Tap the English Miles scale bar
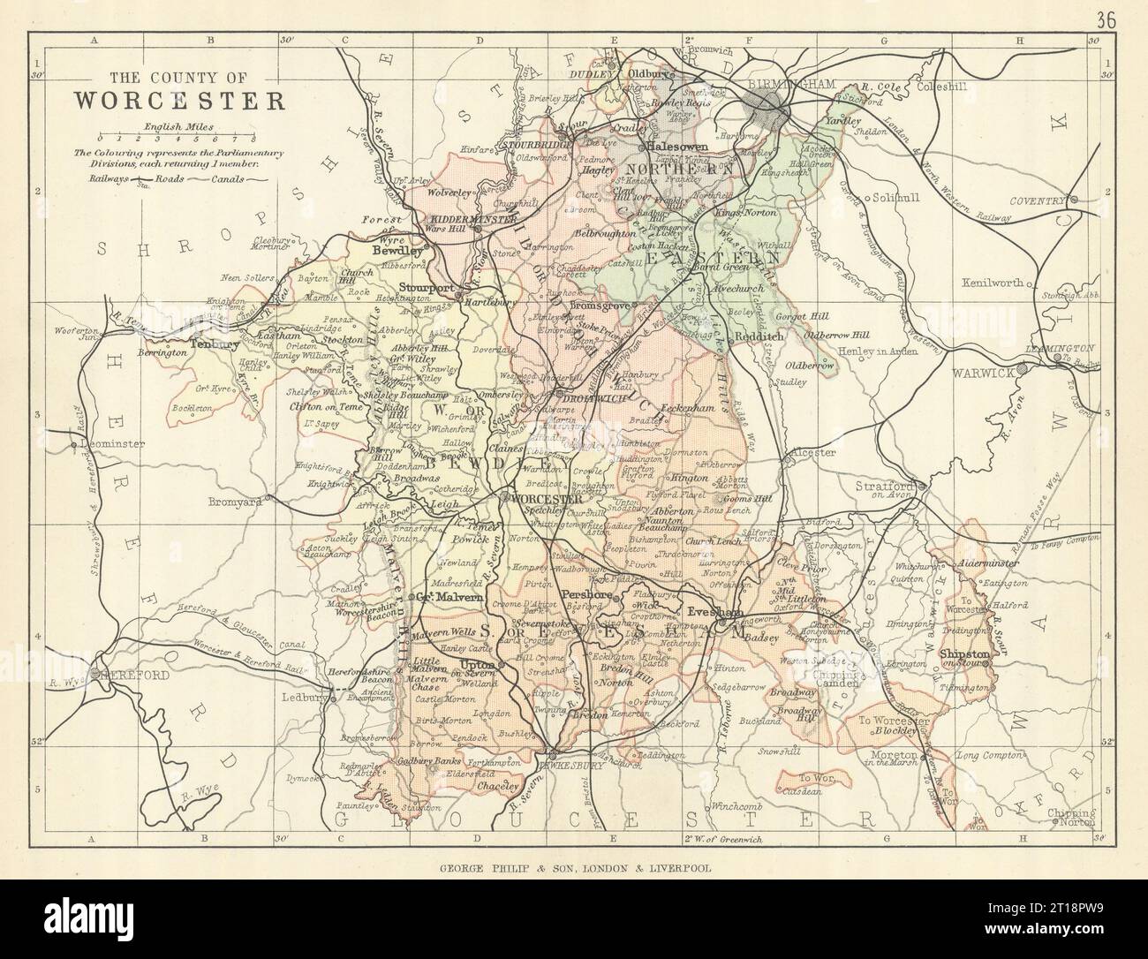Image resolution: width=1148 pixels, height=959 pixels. coord(177,139)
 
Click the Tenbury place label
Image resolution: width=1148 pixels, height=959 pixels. coord(215,344)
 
